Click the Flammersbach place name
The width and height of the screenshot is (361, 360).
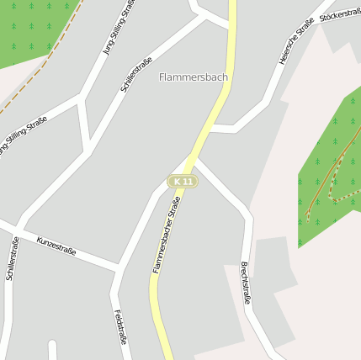pos(193,77)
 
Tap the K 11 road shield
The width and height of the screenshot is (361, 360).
pos(182,181)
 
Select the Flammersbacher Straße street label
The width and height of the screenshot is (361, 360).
pos(167,234)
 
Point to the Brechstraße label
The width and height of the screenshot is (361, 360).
pos(246,282)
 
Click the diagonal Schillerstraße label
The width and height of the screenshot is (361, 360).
pos(136,74)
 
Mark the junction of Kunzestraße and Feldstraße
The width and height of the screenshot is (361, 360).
pos(118,269)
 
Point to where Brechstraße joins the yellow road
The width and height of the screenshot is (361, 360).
pos(195,160)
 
